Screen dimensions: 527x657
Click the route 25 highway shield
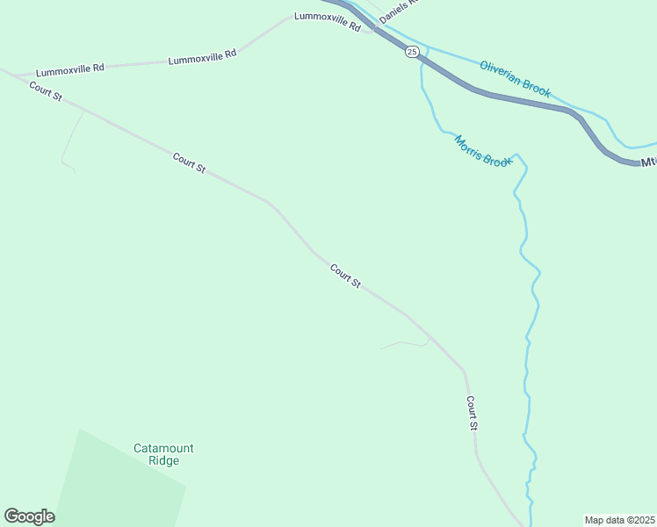pyautogui.click(x=412, y=53)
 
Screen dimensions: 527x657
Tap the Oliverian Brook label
pyautogui.click(x=516, y=77)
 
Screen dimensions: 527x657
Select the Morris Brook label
pyautogui.click(x=482, y=150)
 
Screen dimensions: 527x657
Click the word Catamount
pyautogui.click(x=163, y=448)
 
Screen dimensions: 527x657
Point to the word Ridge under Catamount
pyautogui.click(x=163, y=460)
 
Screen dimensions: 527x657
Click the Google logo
pyautogui.click(x=29, y=516)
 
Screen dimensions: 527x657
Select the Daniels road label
pyautogui.click(x=401, y=11)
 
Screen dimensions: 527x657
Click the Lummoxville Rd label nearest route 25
pyautogui.click(x=328, y=22)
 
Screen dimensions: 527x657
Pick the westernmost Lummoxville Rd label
pyautogui.click(x=70, y=69)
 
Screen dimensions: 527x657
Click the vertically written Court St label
pyautogui.click(x=472, y=413)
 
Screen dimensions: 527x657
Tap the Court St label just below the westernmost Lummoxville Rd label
pyautogui.click(x=45, y=90)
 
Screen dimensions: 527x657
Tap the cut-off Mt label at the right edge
pyautogui.click(x=648, y=162)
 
